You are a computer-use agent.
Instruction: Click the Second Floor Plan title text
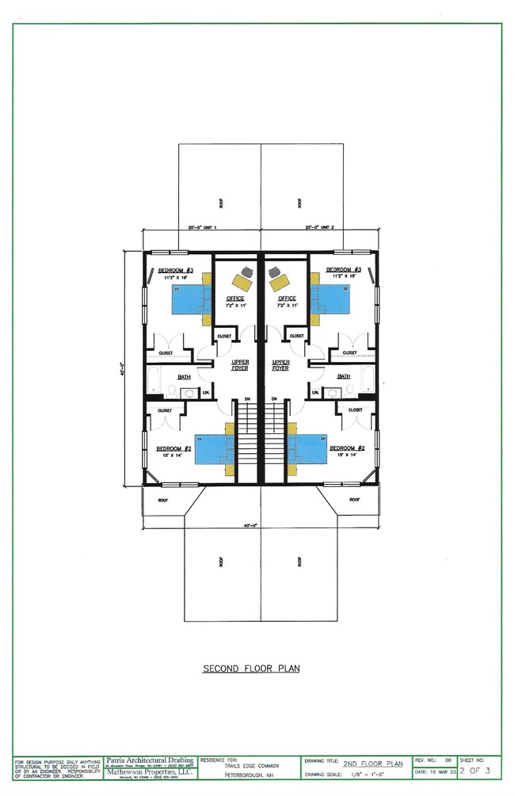251,668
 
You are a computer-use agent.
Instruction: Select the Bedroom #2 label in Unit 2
345,447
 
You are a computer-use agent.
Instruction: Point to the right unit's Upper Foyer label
280,365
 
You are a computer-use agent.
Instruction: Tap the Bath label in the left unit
185,376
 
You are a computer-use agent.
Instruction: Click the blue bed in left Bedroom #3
187,299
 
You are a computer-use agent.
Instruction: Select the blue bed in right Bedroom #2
307,449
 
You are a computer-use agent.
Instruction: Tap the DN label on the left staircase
248,398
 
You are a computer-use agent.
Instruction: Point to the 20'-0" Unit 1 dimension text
202,227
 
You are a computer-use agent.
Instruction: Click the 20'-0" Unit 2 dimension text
321,227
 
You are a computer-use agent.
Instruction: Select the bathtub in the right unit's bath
368,379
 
